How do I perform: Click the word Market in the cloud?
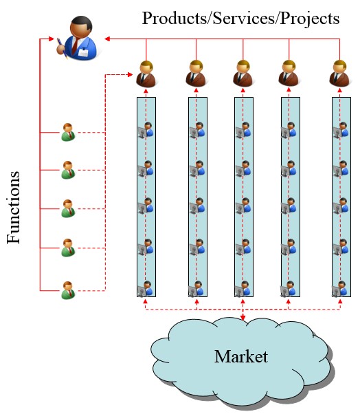[x=240, y=356]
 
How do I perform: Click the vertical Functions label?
[x=14, y=208]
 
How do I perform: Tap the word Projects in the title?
[x=309, y=19]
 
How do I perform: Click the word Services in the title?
[x=244, y=19]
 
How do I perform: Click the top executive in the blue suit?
[x=77, y=38]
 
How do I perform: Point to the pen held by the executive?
[x=62, y=48]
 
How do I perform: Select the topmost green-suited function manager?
[x=68, y=132]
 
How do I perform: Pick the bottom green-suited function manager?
[x=68, y=290]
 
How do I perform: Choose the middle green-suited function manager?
[x=68, y=208]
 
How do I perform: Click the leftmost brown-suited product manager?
[x=146, y=74]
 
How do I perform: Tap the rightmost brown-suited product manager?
[x=339, y=74]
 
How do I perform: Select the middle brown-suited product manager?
[x=243, y=74]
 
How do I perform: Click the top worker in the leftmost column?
[x=146, y=130]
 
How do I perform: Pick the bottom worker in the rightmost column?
[x=340, y=289]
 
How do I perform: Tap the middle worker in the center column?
[x=243, y=206]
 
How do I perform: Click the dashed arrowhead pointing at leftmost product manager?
[x=130, y=75]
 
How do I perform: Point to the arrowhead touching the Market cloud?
[x=243, y=318]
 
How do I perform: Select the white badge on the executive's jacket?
[x=84, y=52]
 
